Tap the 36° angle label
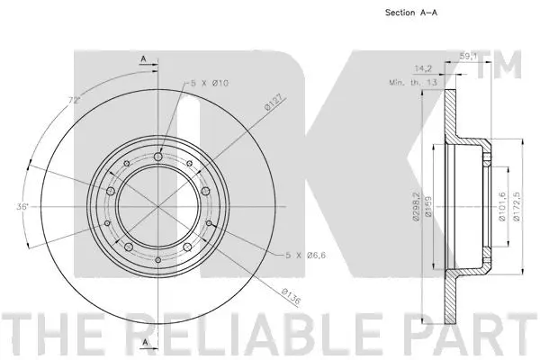pyautogui.click(x=22, y=207)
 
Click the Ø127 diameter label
pyautogui.click(x=274, y=105)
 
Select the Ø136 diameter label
pyautogui.click(x=289, y=297)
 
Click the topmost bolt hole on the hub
pyautogui.click(x=157, y=158)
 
